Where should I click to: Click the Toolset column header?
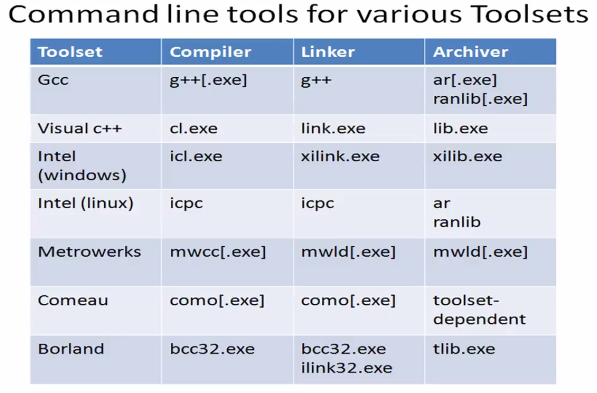click(x=70, y=52)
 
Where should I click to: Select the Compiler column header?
click(x=210, y=52)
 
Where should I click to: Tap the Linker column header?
click(x=328, y=52)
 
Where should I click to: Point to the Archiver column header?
click(x=471, y=52)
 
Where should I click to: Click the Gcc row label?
click(x=53, y=80)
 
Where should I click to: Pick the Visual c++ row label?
click(x=80, y=129)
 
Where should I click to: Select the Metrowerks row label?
click(x=90, y=252)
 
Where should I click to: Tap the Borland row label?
click(x=71, y=349)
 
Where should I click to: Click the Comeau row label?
click(x=73, y=301)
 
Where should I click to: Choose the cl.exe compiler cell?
click(x=193, y=129)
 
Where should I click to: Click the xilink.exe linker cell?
click(x=340, y=156)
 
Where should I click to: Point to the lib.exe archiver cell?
click(x=460, y=129)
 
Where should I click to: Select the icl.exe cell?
click(x=196, y=156)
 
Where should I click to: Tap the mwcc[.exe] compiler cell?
click(x=218, y=252)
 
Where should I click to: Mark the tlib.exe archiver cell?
click(x=464, y=349)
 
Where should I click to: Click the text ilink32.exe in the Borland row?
click(x=346, y=368)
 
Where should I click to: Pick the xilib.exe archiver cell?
click(x=468, y=156)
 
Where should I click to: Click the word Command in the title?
click(x=83, y=14)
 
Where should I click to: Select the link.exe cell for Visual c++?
click(x=333, y=129)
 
